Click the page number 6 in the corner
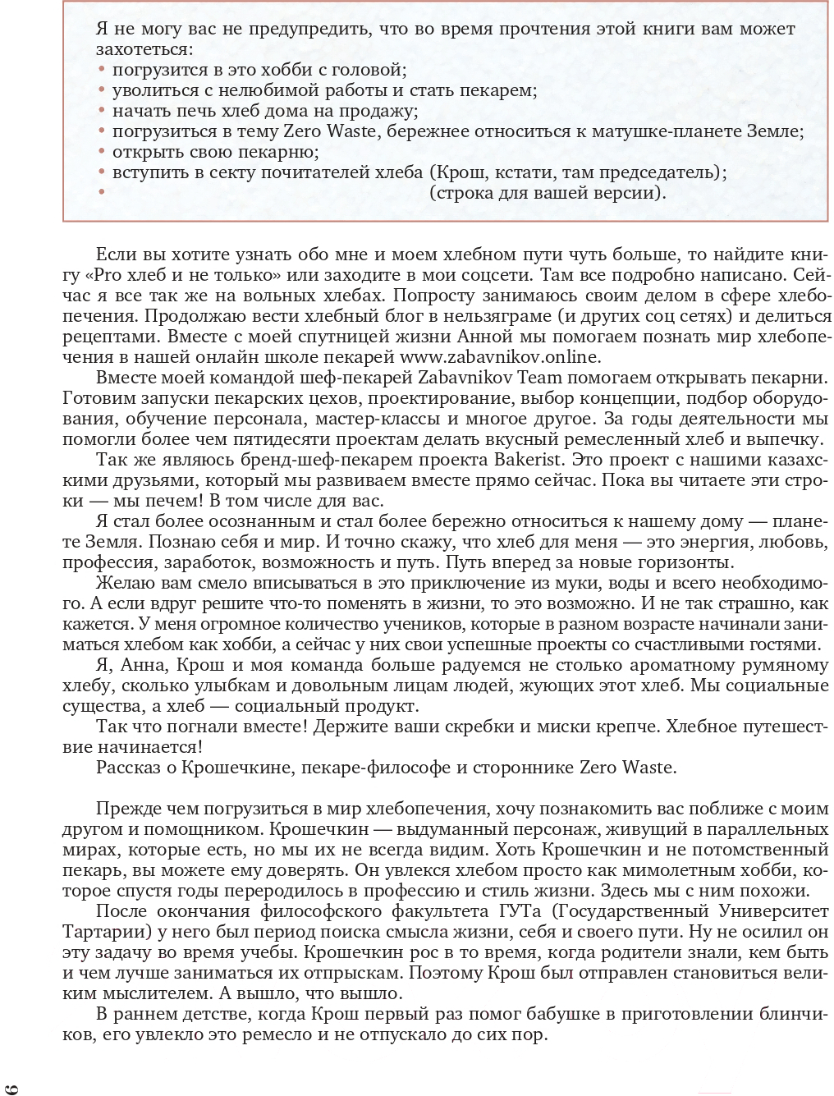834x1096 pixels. [x=11, y=1088]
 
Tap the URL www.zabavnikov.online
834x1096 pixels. [x=500, y=357]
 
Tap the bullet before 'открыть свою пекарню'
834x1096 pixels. [x=102, y=152]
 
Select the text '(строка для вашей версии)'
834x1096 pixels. [x=548, y=193]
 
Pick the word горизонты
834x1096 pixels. [x=680, y=562]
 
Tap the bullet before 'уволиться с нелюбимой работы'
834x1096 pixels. [x=102, y=90]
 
